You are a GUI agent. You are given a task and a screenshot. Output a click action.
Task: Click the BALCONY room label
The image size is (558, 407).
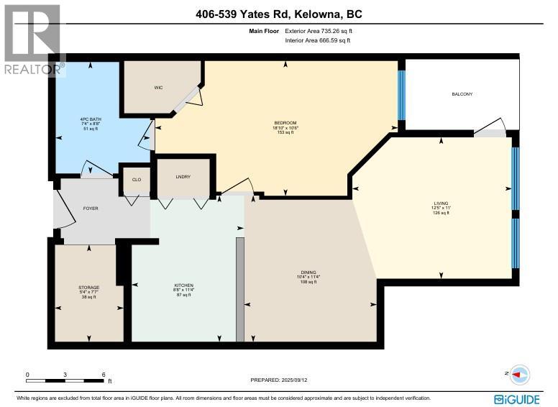click(462, 94)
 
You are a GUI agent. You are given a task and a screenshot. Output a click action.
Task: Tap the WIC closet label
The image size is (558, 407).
click(158, 88)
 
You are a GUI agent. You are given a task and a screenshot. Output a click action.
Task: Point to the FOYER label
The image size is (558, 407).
click(91, 209)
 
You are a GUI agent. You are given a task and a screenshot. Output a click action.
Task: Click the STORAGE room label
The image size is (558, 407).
click(89, 288)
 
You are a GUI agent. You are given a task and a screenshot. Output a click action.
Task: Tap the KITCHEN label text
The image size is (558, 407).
click(183, 285)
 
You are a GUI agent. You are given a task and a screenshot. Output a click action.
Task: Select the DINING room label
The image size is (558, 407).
click(308, 273)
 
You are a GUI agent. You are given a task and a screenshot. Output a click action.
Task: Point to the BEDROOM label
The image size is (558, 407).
click(285, 123)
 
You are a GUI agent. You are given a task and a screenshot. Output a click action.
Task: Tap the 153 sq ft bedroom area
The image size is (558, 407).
click(285, 133)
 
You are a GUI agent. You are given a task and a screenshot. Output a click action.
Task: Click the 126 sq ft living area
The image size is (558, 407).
click(441, 214)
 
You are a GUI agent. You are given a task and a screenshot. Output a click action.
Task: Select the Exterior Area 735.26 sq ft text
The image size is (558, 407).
click(319, 32)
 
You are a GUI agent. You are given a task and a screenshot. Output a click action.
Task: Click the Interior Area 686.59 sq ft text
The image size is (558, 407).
click(319, 41)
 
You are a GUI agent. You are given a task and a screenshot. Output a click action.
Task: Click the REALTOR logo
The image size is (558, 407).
click(33, 40)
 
